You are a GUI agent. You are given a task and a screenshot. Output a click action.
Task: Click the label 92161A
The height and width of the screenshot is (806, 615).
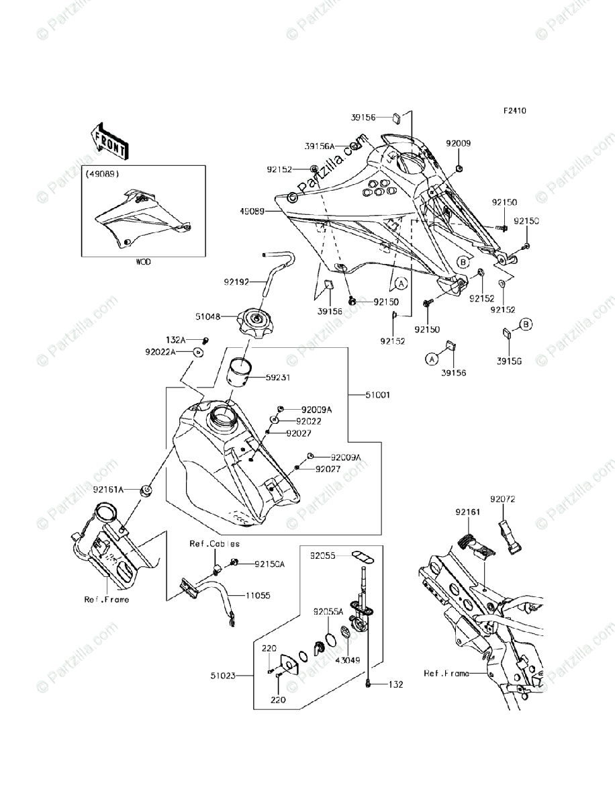point(107,490)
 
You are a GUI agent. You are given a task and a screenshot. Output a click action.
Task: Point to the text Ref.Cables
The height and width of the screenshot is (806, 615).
point(214,544)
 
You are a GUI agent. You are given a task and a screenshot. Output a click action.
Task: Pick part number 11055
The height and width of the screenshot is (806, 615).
point(258,595)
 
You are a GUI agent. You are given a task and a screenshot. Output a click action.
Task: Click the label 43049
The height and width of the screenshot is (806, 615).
point(350,660)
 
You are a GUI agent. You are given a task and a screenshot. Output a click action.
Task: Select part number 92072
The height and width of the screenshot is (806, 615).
point(502,500)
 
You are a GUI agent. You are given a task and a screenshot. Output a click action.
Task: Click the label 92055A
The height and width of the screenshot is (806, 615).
point(328,612)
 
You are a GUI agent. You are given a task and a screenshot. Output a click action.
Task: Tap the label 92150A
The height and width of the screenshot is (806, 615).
point(270,564)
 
